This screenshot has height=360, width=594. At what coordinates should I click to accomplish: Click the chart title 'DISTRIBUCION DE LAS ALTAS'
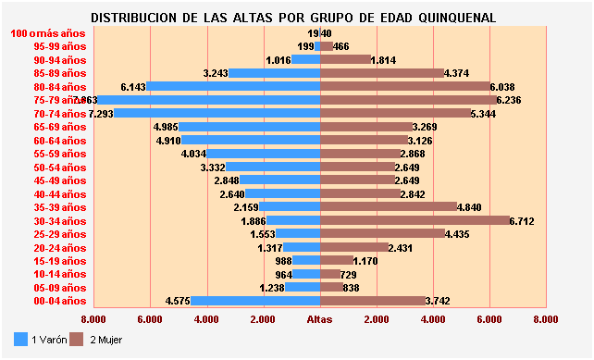[x=293, y=18]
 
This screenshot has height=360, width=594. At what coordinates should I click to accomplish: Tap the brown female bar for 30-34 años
[x=415, y=221]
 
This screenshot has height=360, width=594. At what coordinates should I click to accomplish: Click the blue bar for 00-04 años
[x=255, y=301]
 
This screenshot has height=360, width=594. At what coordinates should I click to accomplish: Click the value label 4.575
[x=178, y=301]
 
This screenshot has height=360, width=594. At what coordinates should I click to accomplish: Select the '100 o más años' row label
[x=47, y=33]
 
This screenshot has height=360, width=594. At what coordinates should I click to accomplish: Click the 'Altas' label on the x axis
[x=319, y=319]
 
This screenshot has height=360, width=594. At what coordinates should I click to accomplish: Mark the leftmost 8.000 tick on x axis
[x=93, y=319]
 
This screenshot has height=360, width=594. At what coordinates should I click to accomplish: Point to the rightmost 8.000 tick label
[x=545, y=319]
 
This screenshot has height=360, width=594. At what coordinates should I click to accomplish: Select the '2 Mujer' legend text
[x=104, y=341]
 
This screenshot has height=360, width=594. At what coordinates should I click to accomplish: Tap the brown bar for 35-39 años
[x=389, y=207]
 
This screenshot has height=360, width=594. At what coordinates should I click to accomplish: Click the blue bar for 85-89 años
[x=274, y=73]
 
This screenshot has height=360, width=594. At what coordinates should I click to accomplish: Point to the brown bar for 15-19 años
[x=337, y=261]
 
